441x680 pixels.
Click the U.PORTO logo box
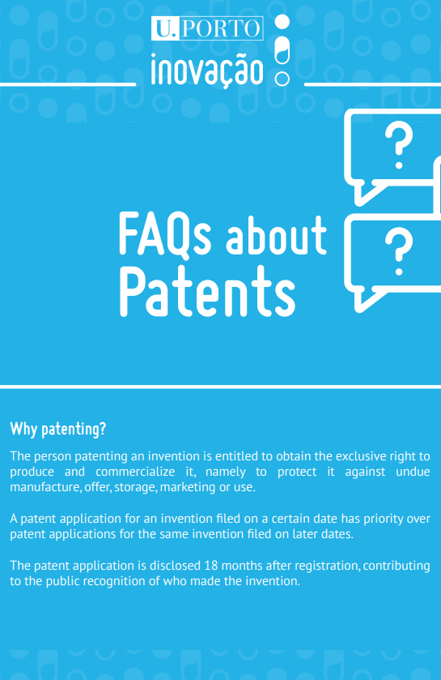[x=207, y=28]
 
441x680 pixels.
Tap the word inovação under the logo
[x=207, y=71]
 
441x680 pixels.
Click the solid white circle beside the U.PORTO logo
[x=282, y=22]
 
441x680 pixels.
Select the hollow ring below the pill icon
[x=282, y=79]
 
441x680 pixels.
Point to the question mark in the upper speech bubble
[x=399, y=145]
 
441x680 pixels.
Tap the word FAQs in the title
[x=165, y=234]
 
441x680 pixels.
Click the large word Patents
[x=207, y=291]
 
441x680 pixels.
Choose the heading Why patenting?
[x=58, y=429]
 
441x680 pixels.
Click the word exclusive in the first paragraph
[x=361, y=456]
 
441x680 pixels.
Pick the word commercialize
[x=135, y=472]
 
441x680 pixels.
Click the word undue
[x=413, y=472]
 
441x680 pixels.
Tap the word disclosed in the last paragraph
[x=175, y=566]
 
